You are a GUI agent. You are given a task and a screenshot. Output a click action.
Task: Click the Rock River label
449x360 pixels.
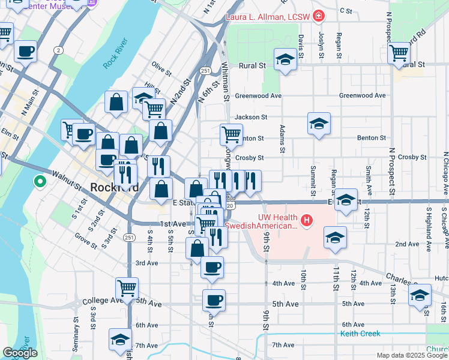(115, 52)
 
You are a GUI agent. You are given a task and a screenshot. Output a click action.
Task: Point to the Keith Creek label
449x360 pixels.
(360, 333)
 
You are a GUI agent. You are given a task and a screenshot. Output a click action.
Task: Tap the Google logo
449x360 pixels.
(20, 353)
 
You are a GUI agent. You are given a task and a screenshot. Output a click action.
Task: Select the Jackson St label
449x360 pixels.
(251, 117)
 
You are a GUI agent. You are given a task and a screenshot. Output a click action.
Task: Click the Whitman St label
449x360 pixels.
(226, 80)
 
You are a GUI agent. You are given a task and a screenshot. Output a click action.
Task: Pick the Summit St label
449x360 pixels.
(313, 182)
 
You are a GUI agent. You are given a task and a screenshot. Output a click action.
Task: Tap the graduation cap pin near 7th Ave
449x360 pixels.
(120, 340)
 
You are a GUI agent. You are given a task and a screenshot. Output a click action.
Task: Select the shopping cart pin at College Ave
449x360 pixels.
(127, 289)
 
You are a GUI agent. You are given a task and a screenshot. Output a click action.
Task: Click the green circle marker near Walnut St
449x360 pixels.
(40, 180)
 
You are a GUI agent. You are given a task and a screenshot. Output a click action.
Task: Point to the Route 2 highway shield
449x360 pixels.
(58, 50)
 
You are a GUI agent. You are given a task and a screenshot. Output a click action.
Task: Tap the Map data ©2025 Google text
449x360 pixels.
(411, 355)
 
